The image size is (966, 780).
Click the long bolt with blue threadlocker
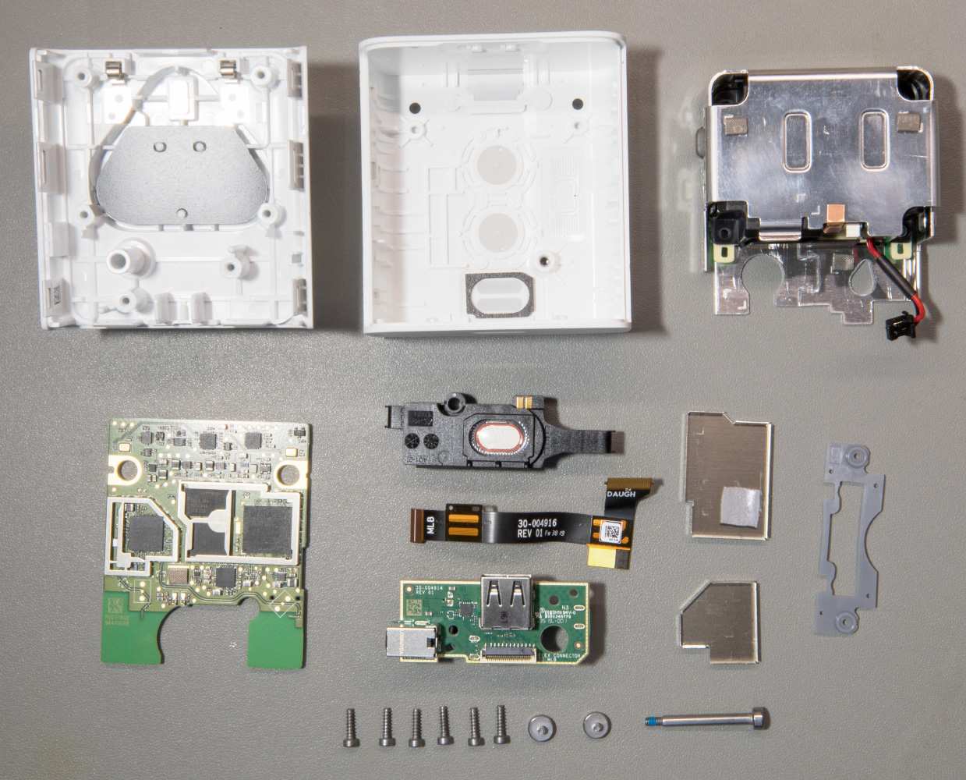click(x=706, y=721)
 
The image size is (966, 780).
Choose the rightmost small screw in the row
click(x=501, y=728)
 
